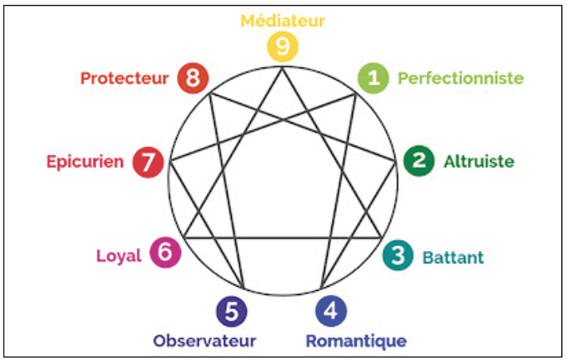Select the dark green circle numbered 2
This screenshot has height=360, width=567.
coord(419,161)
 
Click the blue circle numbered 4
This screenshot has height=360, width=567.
coord(331,311)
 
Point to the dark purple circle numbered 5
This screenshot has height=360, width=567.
coord(231,311)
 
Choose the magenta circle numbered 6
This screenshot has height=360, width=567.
coord(164,252)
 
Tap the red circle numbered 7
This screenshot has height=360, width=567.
coord(148,161)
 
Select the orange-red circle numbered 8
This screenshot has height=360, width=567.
coord(193,77)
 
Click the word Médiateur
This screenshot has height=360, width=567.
coord(283,19)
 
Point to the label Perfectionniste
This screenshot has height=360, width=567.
coord(460,78)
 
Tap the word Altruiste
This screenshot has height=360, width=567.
coord(479,161)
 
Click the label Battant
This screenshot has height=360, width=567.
coord(453,257)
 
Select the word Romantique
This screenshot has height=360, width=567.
coord(356,341)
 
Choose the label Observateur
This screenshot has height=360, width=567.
coord(204,341)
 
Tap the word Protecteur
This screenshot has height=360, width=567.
coord(125,78)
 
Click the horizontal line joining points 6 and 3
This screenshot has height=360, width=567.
coord(283,237)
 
